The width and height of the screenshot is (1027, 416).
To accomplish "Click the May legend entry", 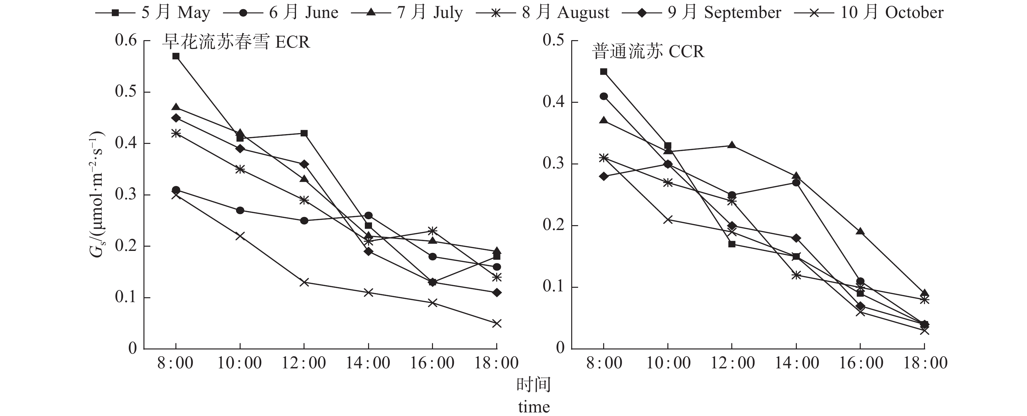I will (x=154, y=13).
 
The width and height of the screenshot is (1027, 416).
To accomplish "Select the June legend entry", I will (x=281, y=13).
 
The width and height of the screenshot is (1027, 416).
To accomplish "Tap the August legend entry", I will (x=543, y=13).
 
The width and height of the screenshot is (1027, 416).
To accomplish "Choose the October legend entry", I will (x=869, y=13).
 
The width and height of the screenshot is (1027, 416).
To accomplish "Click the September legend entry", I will (x=702, y=13).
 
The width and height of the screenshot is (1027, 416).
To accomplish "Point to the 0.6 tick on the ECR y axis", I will (x=126, y=40).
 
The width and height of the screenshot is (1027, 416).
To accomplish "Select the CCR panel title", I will (x=648, y=52).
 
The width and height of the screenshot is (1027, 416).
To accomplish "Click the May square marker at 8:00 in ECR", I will (x=176, y=56).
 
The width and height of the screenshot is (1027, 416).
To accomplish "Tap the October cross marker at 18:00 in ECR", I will (x=496, y=323).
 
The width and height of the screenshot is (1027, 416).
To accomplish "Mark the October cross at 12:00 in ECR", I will (x=304, y=282).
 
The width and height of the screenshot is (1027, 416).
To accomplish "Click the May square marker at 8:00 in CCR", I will (x=603, y=72).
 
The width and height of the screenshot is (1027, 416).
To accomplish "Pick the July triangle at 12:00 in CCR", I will (x=732, y=145).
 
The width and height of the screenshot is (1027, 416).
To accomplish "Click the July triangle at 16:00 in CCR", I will (x=860, y=231).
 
